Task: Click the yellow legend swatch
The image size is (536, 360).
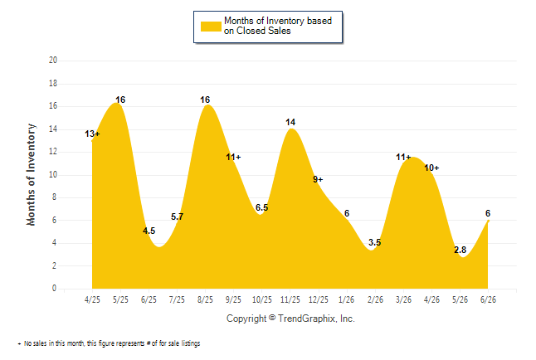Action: pyautogui.click(x=211, y=27)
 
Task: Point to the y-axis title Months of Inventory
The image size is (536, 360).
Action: pyautogui.click(x=31, y=175)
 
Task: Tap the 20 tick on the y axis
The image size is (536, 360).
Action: pyautogui.click(x=53, y=61)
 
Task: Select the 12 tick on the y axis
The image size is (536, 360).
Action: pyautogui.click(x=53, y=152)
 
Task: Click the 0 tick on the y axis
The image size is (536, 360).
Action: pyautogui.click(x=54, y=288)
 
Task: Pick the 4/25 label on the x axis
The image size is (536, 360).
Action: pyautogui.click(x=92, y=299)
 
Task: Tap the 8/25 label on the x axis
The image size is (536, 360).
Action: pyautogui.click(x=205, y=299)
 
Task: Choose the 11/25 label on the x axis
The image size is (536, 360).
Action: pyautogui.click(x=290, y=299)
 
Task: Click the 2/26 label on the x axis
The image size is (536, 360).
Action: pyautogui.click(x=375, y=299)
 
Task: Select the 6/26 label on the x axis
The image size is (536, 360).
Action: pyautogui.click(x=488, y=299)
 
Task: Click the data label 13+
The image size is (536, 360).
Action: pyautogui.click(x=92, y=134)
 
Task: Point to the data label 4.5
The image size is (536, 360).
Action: pyautogui.click(x=149, y=231)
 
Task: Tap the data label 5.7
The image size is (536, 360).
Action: pyautogui.click(x=177, y=216)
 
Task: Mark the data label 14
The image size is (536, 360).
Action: pyautogui.click(x=290, y=122)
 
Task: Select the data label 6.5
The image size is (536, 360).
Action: pyautogui.click(x=262, y=207)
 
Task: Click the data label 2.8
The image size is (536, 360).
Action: pyautogui.click(x=460, y=250)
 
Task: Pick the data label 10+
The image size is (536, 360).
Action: pyautogui.click(x=431, y=168)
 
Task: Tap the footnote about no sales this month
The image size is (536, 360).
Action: pyautogui.click(x=109, y=343)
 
